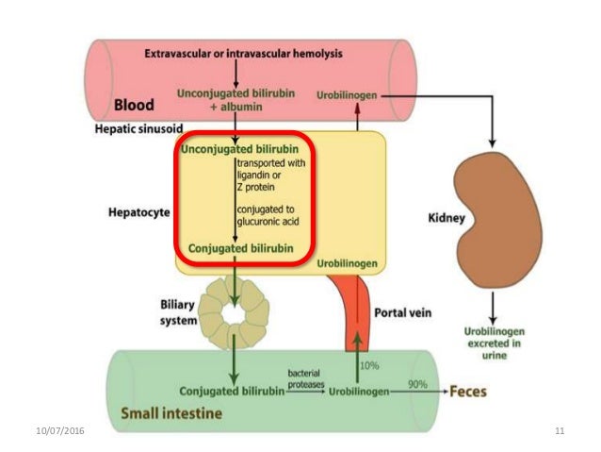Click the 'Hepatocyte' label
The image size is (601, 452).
(138, 213)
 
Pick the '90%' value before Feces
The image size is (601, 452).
(417, 384)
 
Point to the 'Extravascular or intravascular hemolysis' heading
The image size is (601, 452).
(244, 54)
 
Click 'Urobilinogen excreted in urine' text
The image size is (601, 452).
(493, 341)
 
